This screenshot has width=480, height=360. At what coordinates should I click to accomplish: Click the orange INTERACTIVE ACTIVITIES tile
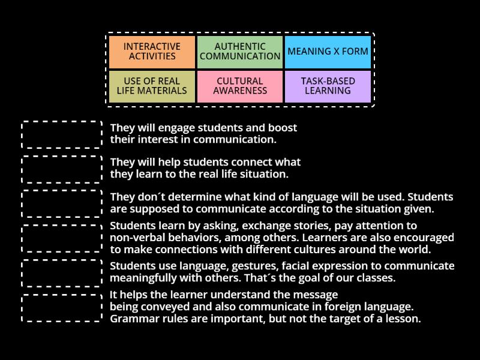point(152,52)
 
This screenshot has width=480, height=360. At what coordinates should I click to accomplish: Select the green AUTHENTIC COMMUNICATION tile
point(240,52)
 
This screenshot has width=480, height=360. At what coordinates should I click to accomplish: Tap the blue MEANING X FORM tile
point(328,52)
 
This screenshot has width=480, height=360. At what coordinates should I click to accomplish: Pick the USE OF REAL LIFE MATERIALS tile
point(152,86)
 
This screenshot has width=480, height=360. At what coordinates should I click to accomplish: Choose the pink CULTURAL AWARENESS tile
point(240,86)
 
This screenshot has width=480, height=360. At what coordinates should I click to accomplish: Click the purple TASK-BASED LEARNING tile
point(328,86)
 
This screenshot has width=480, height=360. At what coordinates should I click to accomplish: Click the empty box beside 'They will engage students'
point(62,134)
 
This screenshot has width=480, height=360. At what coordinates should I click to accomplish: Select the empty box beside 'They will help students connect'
point(62,169)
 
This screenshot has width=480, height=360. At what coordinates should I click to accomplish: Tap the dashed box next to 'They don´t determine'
point(62,203)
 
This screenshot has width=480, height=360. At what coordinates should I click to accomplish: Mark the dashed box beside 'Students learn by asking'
point(62,238)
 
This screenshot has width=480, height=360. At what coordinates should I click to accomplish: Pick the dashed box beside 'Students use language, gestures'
point(62,272)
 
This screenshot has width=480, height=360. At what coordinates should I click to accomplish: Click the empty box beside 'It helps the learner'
point(62,307)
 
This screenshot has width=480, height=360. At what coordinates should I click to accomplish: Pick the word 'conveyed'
point(161,307)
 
